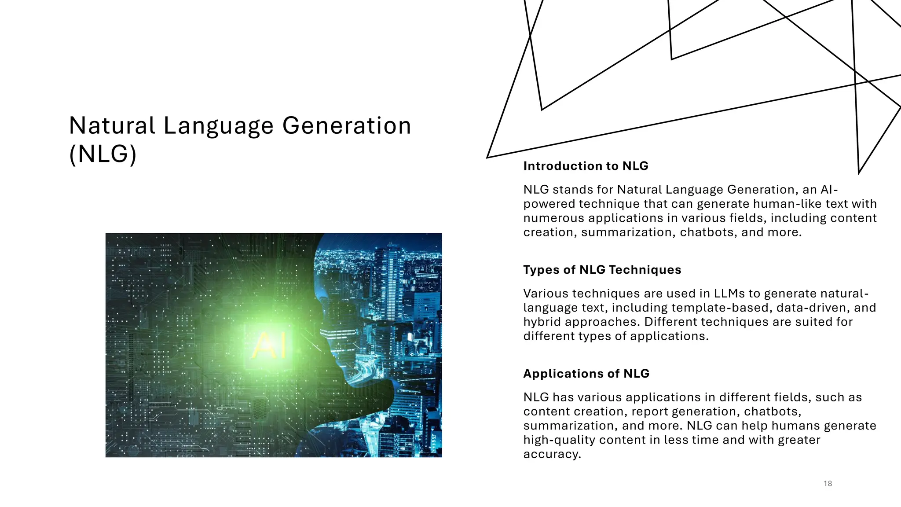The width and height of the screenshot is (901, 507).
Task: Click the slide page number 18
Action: [828, 484]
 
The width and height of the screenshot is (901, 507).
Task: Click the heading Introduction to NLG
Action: [586, 166]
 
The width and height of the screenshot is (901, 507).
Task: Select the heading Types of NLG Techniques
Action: [602, 270]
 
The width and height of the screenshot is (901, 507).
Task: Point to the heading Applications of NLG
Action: [586, 374]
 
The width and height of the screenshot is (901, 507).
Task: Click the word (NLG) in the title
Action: [103, 154]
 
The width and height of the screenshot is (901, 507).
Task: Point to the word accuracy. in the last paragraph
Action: [552, 454]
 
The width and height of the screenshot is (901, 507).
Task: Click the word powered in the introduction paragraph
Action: [549, 204]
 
